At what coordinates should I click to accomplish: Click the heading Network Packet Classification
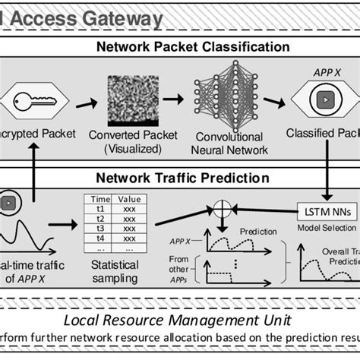tap(193, 47)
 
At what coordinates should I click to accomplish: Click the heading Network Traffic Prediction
tap(182, 178)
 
